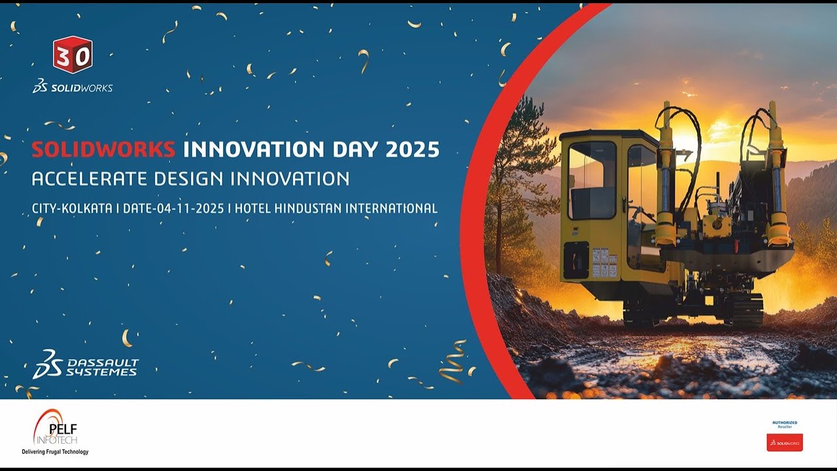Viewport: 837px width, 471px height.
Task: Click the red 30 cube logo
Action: tap(73, 55)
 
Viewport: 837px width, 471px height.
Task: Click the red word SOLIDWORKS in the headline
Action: tap(103, 150)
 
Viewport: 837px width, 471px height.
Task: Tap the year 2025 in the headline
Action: tap(412, 150)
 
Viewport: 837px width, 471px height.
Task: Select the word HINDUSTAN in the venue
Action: tap(307, 209)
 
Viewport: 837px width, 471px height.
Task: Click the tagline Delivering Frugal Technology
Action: tap(55, 452)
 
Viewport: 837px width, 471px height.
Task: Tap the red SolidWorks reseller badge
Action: tap(785, 442)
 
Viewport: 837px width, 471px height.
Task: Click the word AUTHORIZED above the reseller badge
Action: tap(785, 423)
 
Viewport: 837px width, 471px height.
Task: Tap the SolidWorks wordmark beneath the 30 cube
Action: tap(73, 88)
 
